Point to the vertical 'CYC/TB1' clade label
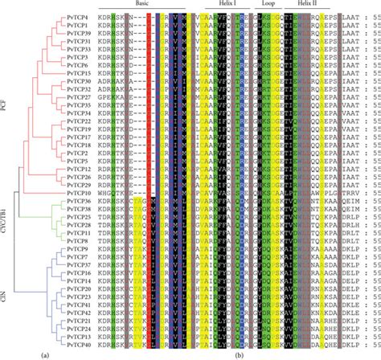(x=6, y=221)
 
